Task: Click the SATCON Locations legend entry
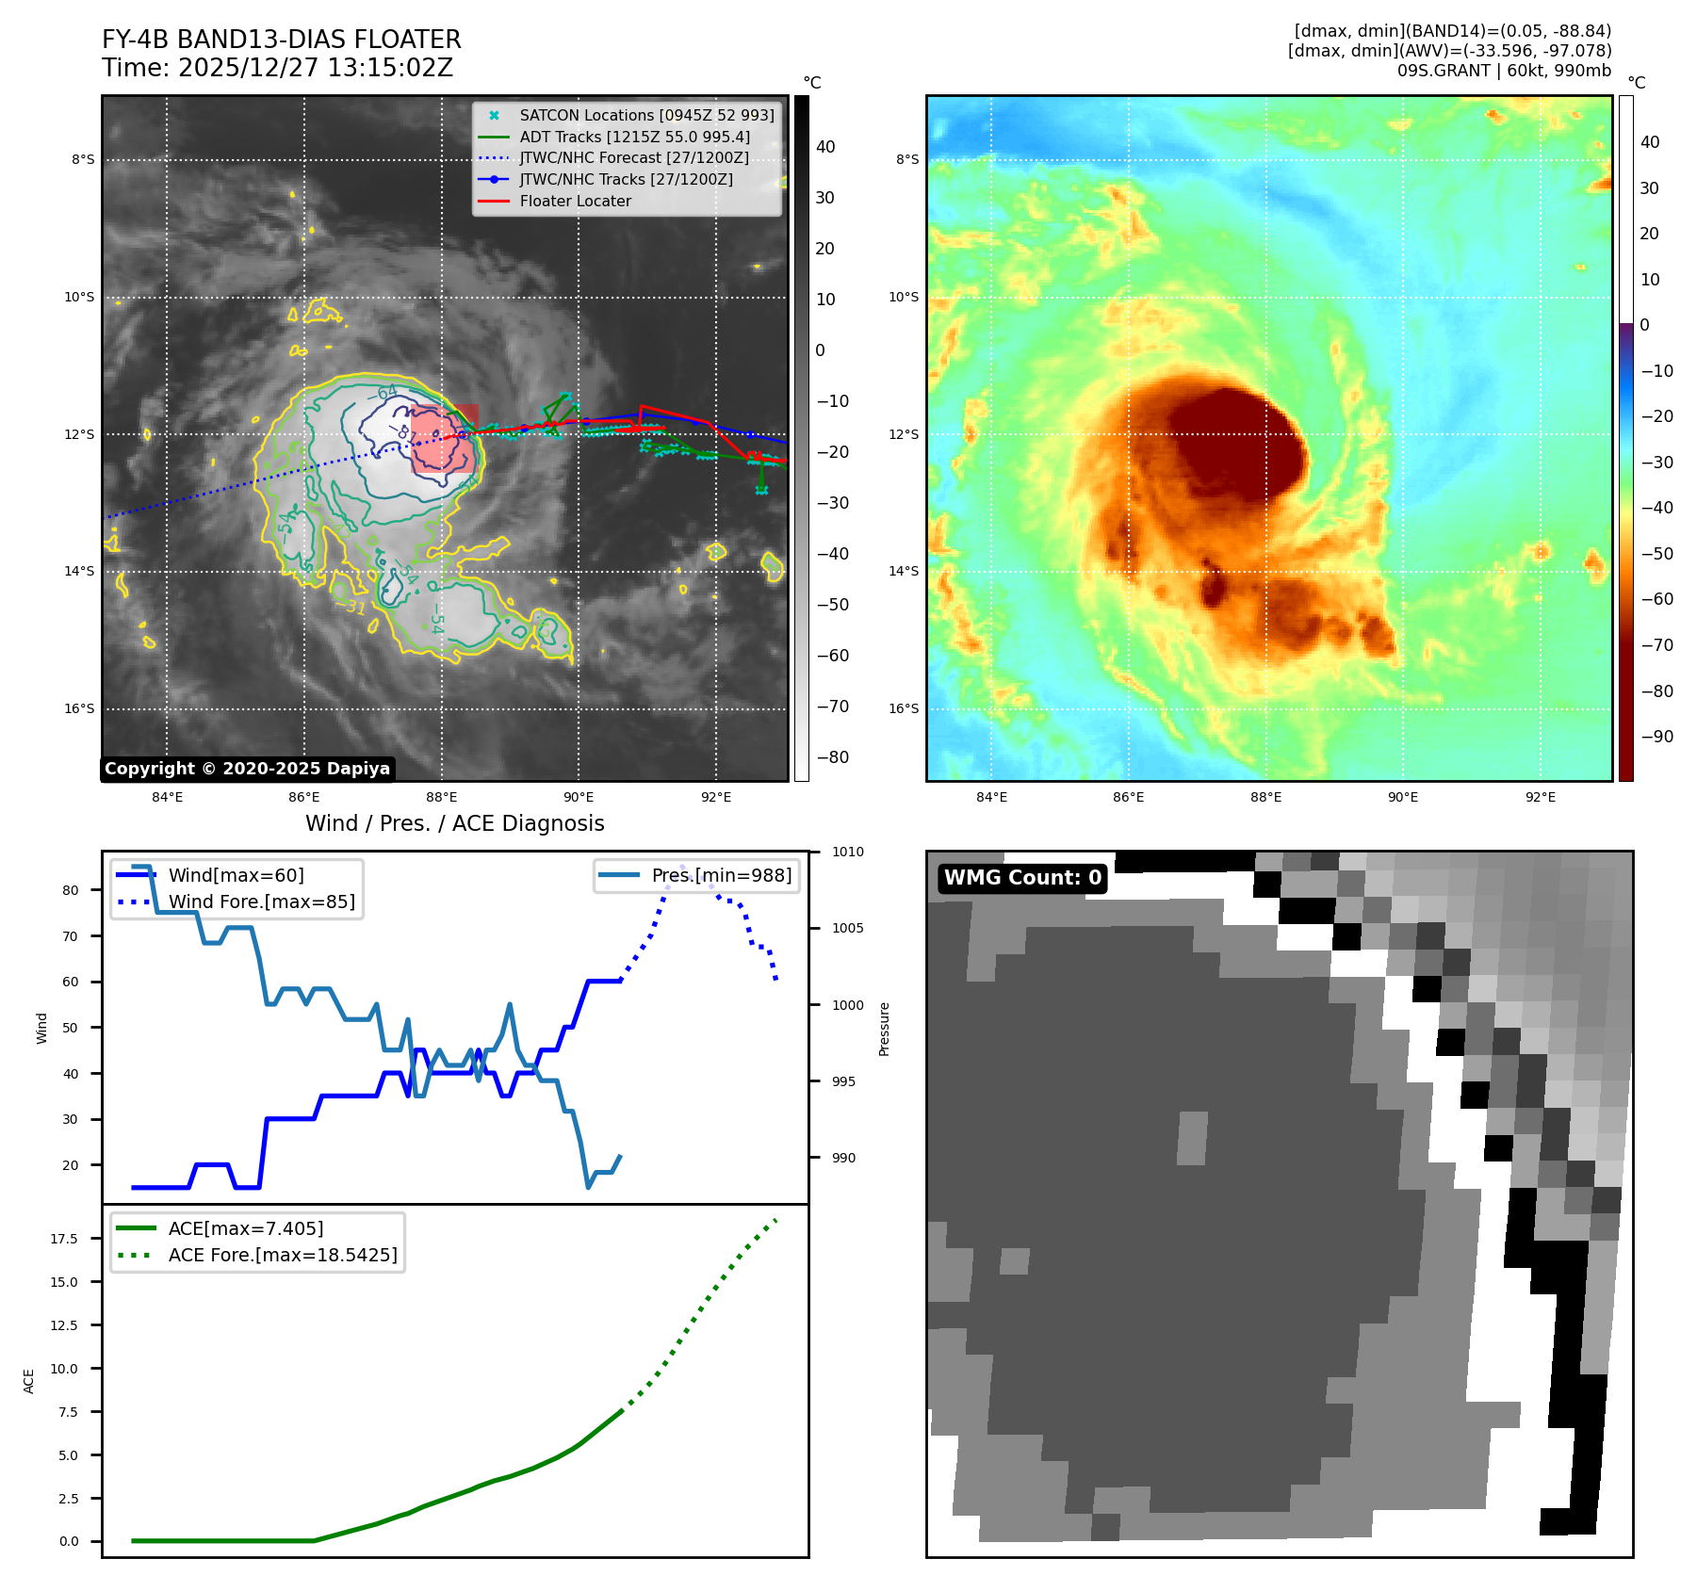pos(646,115)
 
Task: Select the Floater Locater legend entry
pos(575,201)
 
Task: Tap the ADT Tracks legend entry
pos(634,137)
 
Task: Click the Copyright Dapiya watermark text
pos(247,769)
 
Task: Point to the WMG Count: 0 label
pos(1022,878)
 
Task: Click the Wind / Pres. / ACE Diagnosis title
pos(454,823)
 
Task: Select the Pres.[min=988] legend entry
pos(721,875)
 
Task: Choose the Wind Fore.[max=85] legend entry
pos(261,902)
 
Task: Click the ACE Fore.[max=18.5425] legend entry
pos(282,1255)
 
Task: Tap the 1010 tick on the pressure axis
pos(847,852)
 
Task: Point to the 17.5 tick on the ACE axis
pos(64,1239)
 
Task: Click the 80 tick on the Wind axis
pos(71,890)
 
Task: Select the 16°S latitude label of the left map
pos(79,708)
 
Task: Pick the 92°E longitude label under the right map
pos(1541,797)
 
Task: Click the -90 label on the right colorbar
pos(1656,737)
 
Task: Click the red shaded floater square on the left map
pos(444,439)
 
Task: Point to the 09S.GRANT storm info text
pos(1504,71)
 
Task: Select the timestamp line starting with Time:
pos(277,68)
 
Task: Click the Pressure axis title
pos(884,1029)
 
